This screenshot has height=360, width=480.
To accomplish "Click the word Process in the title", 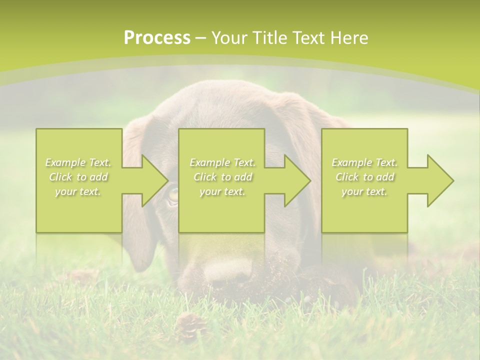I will click(x=157, y=38).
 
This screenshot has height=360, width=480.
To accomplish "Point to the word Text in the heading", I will click(x=310, y=38).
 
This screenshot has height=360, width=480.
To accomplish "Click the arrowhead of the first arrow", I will click(x=154, y=180).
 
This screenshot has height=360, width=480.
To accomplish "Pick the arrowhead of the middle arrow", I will click(x=297, y=180).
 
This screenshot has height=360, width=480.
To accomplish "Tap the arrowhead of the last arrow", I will click(x=440, y=180).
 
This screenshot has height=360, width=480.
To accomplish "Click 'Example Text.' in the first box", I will click(x=78, y=162).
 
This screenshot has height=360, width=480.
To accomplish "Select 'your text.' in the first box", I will click(x=78, y=191).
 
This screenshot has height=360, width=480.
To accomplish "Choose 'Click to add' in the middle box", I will click(x=222, y=177).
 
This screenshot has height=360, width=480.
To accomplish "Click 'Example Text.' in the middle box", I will click(x=222, y=162).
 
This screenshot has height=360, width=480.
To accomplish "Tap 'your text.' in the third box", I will click(x=364, y=191).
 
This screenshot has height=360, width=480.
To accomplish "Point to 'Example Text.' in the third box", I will click(x=364, y=162).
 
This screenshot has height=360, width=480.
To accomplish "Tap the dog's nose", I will click(x=227, y=272).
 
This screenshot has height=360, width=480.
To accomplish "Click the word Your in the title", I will click(x=229, y=38).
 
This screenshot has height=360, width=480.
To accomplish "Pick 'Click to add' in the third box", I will click(x=364, y=177).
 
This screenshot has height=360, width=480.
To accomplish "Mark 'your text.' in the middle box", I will click(x=222, y=191).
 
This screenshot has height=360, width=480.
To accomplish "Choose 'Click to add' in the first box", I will click(x=78, y=177).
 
